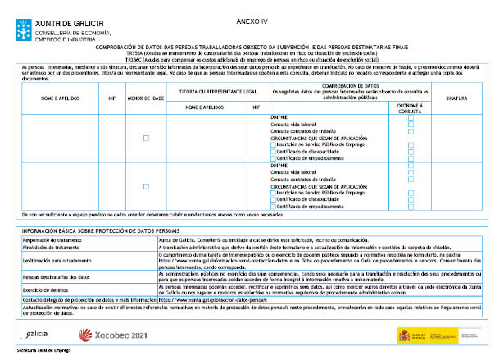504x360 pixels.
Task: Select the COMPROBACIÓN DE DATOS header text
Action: [350, 85]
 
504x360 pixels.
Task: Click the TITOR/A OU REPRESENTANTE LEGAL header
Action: [211, 91]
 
